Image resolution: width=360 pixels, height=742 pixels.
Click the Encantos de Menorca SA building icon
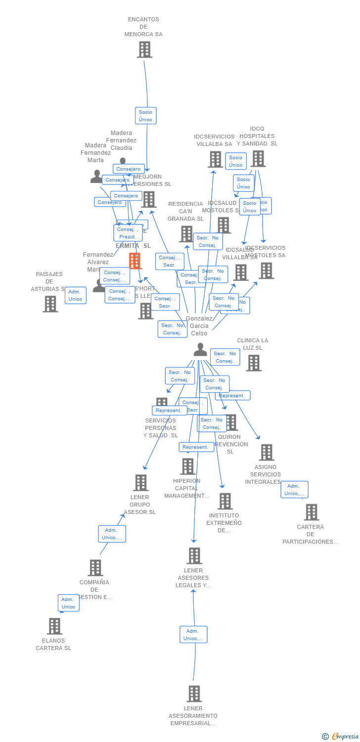pos(144,49)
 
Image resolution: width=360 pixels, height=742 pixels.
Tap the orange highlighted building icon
pos(135,261)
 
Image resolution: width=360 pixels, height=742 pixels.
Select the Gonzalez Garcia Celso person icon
pos(200,350)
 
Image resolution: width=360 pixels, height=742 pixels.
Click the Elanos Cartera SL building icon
pos(54,626)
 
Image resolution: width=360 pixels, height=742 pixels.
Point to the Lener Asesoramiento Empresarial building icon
pos(194,694)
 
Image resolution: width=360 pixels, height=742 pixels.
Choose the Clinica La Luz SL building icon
pos(254,363)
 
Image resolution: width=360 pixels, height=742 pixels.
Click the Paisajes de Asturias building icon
pos(50,304)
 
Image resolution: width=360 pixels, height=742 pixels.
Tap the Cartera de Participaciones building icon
pos(312,512)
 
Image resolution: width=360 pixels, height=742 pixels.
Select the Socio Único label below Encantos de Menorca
pos(145,116)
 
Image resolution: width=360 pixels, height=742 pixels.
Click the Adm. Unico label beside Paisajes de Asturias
pos(75,295)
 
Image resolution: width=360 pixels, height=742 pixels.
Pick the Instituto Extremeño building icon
pos(225,501)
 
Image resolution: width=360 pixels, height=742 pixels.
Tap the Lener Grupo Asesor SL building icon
pos(141,482)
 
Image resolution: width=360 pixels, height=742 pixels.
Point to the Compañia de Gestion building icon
pos(95,567)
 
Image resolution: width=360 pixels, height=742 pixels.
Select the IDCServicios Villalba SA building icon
pos(216,159)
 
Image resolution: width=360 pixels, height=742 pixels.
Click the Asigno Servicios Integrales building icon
pos(267,452)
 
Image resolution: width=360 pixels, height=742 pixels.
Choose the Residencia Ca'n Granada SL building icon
pos(186,233)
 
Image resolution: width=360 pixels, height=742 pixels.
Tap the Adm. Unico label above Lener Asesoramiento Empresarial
pos(193,634)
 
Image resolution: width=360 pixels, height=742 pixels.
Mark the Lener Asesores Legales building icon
pos(194,556)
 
